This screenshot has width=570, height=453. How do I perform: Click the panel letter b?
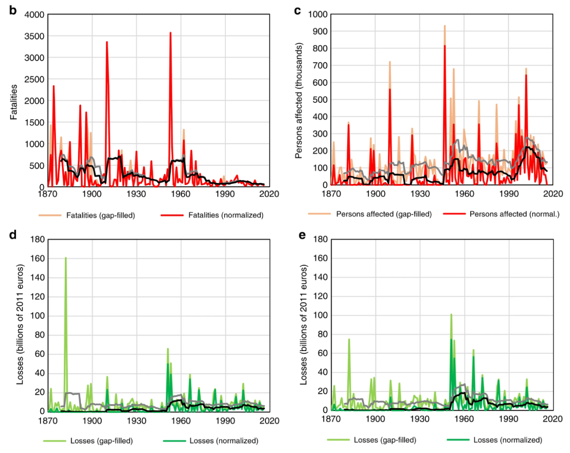[x=13, y=10]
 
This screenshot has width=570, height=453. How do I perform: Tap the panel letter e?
[x=302, y=235]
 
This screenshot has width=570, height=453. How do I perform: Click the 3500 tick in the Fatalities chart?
[x=34, y=36]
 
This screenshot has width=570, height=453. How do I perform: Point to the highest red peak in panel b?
[x=171, y=33]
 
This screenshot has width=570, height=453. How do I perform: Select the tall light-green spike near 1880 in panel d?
[x=66, y=258]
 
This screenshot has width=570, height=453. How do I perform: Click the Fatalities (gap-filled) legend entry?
[x=100, y=215]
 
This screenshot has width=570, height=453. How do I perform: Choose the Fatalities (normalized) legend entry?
[x=225, y=215]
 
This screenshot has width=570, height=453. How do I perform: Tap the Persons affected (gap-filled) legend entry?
[x=384, y=214]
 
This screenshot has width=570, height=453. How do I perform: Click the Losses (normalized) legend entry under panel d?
[x=224, y=440]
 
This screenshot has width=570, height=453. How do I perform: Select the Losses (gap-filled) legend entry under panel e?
[x=385, y=440]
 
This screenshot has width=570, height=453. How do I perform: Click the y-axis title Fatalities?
[x=14, y=102]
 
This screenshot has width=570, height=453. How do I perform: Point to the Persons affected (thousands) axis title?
[x=298, y=101]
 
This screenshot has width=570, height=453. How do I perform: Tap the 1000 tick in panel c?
[x=318, y=14]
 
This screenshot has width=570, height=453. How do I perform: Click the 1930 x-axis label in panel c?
[x=420, y=194]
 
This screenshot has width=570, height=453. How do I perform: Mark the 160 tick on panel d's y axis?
[x=38, y=258]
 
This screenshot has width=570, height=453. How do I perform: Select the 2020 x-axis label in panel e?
[x=553, y=419]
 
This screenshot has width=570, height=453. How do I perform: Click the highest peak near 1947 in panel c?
[x=445, y=26]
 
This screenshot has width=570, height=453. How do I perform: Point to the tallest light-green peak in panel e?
[x=451, y=314]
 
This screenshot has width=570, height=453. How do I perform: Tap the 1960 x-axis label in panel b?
[x=180, y=194]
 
